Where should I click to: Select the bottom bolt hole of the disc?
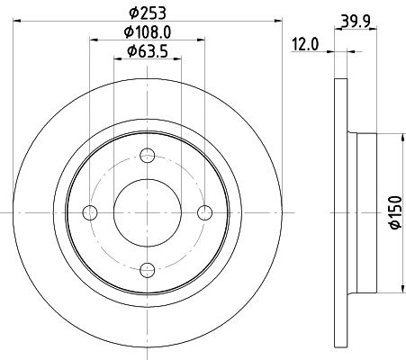pos(148,268)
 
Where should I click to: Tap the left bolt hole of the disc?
pos(90,211)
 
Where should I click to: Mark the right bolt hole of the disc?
pos(204,211)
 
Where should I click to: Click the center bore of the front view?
pos(148,211)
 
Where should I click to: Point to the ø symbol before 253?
pos(133,13)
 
